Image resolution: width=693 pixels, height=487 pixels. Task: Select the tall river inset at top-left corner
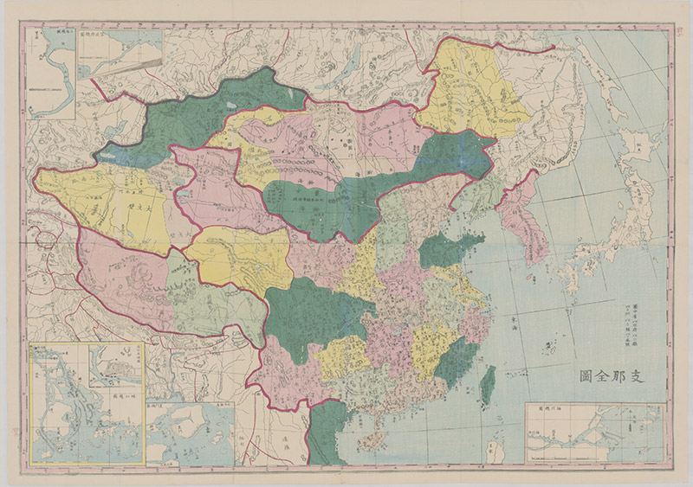coord(50,65)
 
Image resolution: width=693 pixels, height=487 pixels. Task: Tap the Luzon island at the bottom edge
coord(495,450)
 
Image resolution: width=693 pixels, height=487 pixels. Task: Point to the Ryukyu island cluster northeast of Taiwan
coord(546,346)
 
